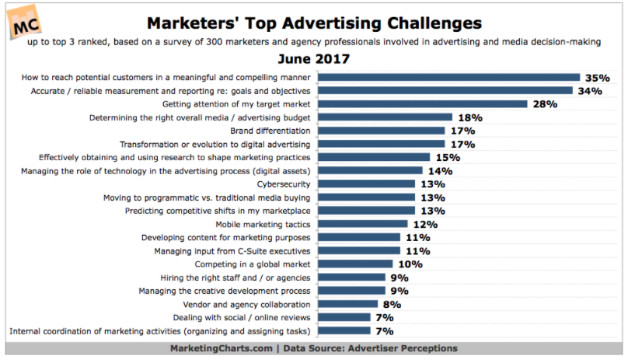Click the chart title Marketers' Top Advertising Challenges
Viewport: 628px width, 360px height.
click(x=314, y=22)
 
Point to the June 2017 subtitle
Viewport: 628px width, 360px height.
click(x=314, y=58)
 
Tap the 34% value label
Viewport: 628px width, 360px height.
click(x=591, y=90)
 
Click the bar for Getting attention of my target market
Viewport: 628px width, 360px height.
click(x=424, y=103)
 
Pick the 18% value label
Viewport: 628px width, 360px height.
click(x=471, y=117)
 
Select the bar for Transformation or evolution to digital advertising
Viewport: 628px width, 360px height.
click(x=382, y=144)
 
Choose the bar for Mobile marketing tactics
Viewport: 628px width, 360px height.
click(x=364, y=224)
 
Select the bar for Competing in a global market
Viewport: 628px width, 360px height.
click(x=357, y=264)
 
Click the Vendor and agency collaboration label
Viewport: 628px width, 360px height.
click(x=246, y=304)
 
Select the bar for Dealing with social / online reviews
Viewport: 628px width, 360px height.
click(x=345, y=318)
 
